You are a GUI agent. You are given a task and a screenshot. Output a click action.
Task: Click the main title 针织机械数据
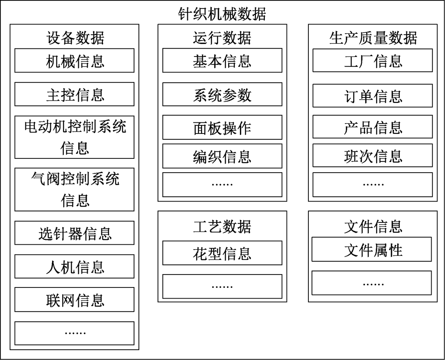(x=222, y=14)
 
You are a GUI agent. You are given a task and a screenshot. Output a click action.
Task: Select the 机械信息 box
(x=74, y=61)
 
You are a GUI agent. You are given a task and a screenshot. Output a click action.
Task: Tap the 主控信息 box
(x=74, y=94)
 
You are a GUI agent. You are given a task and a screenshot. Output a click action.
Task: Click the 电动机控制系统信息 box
(x=74, y=137)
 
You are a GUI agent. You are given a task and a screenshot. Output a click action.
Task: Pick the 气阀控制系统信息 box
(x=74, y=190)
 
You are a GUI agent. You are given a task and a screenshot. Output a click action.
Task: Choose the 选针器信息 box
(x=74, y=233)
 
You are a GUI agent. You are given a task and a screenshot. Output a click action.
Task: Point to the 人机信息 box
(x=74, y=267)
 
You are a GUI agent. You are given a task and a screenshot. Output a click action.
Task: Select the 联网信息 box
(x=74, y=300)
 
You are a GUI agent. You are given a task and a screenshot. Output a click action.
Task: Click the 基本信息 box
(x=222, y=61)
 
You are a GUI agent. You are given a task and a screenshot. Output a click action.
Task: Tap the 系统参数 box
(x=222, y=94)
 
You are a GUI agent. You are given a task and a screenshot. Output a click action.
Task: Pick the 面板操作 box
(x=222, y=128)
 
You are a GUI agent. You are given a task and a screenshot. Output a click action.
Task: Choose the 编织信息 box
(x=222, y=156)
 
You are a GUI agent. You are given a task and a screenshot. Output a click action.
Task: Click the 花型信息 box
(x=222, y=253)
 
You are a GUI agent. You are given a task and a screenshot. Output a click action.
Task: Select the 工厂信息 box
(x=372, y=61)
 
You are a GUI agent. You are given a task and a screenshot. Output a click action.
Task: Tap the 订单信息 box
(x=372, y=96)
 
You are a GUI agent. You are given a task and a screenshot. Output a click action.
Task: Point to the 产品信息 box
(x=372, y=128)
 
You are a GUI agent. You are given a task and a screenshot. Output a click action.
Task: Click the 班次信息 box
(x=372, y=156)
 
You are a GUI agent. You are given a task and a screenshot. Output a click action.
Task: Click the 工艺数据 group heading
(x=222, y=227)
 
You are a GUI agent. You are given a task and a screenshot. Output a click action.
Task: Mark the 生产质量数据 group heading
(x=372, y=38)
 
